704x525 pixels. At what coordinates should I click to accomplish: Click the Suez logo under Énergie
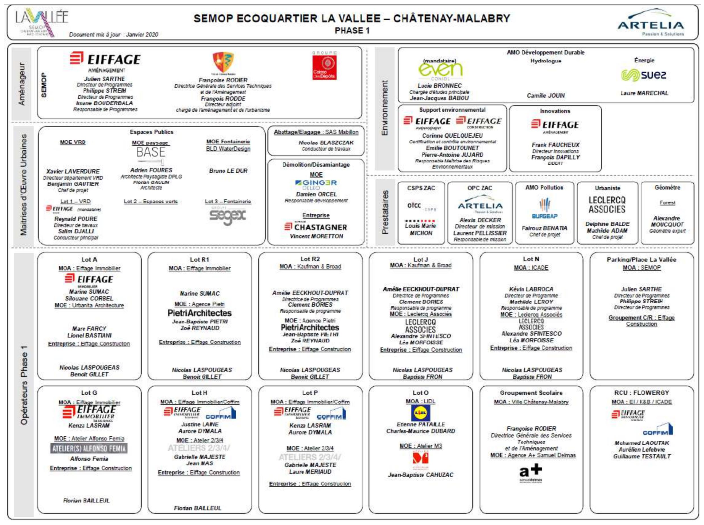[x=643, y=75]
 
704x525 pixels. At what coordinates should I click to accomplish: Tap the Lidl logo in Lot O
[x=421, y=413]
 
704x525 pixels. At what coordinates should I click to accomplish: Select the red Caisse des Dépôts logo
[x=324, y=67]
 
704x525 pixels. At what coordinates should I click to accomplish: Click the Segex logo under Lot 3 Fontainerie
[x=228, y=216]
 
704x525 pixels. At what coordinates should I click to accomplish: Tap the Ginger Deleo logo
[x=316, y=185]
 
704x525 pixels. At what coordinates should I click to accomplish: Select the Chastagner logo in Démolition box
[x=316, y=227]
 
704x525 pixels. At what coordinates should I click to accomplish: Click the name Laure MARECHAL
[x=644, y=93]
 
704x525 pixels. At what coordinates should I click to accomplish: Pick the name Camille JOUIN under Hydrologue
[x=546, y=95]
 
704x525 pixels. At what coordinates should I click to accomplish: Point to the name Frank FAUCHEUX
[x=555, y=145]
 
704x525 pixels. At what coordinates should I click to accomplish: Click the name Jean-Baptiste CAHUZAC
[x=421, y=475]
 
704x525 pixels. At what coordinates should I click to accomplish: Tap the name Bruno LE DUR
[x=228, y=171]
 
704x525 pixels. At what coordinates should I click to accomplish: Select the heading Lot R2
[x=310, y=259]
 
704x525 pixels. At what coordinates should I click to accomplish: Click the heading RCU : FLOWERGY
[x=641, y=393]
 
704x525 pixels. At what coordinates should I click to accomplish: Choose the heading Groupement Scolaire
[x=531, y=393]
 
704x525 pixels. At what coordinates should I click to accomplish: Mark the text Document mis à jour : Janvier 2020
[x=114, y=34]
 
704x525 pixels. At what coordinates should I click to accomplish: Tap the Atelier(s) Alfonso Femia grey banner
[x=89, y=448]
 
